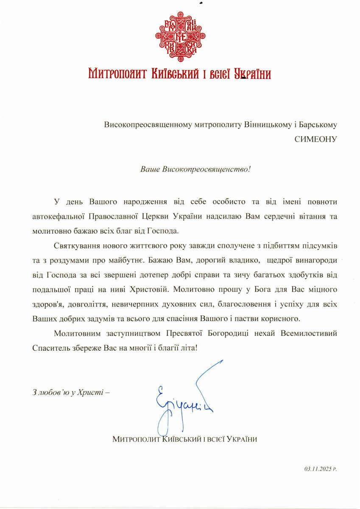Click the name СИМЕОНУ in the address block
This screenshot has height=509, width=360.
coord(316,140)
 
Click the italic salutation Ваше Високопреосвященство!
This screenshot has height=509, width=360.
coord(195,169)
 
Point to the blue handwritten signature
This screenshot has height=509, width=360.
coord(187,399)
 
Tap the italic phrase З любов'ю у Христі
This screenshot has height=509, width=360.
coord(70,392)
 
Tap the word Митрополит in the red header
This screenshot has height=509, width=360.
coord(113,74)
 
